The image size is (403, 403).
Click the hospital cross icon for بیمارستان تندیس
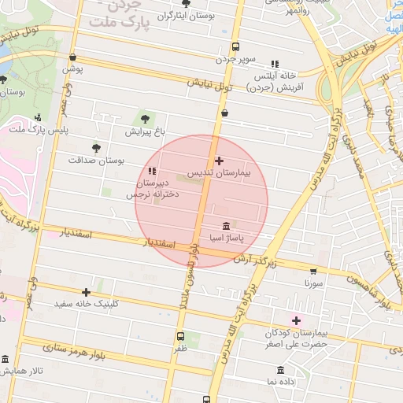219,160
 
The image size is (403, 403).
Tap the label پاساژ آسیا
226,236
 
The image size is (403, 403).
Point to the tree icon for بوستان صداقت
97,147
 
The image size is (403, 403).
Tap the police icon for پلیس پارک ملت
38,117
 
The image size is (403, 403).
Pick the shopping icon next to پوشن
73,57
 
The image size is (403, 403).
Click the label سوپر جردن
237,58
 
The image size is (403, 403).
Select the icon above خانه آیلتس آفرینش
275,64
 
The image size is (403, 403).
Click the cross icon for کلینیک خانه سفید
86,292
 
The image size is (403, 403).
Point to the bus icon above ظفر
180,335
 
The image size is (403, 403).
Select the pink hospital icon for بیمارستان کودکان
297,320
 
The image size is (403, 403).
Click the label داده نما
281,381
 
